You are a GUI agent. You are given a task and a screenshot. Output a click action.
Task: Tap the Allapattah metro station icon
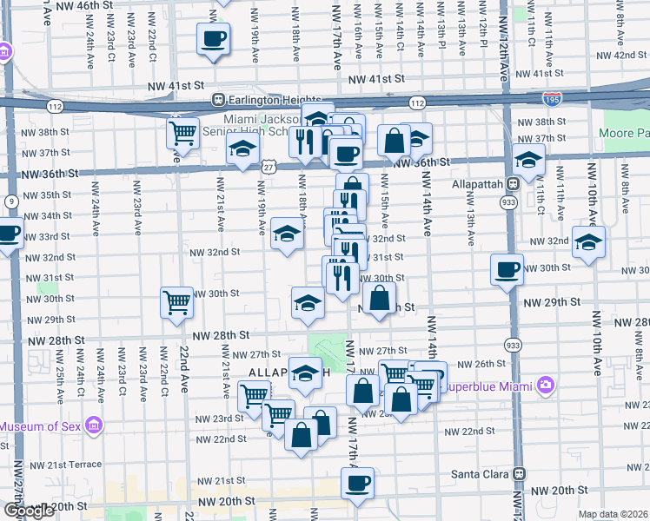513,184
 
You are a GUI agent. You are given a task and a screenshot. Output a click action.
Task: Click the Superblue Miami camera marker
545,384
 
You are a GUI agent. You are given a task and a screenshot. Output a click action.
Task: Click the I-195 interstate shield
551,101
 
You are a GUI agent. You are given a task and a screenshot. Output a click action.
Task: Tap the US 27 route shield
269,166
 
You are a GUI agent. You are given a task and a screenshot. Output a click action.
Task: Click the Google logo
28,511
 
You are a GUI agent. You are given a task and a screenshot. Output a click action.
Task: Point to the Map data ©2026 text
614,514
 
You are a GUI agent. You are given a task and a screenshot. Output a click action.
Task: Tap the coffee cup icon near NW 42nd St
214,39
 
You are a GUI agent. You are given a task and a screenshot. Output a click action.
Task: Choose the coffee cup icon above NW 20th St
356,482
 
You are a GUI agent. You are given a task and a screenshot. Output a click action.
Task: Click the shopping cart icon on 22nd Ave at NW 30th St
176,302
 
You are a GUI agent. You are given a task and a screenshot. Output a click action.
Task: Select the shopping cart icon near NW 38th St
183,133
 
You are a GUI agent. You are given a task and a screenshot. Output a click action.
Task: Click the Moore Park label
624,135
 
